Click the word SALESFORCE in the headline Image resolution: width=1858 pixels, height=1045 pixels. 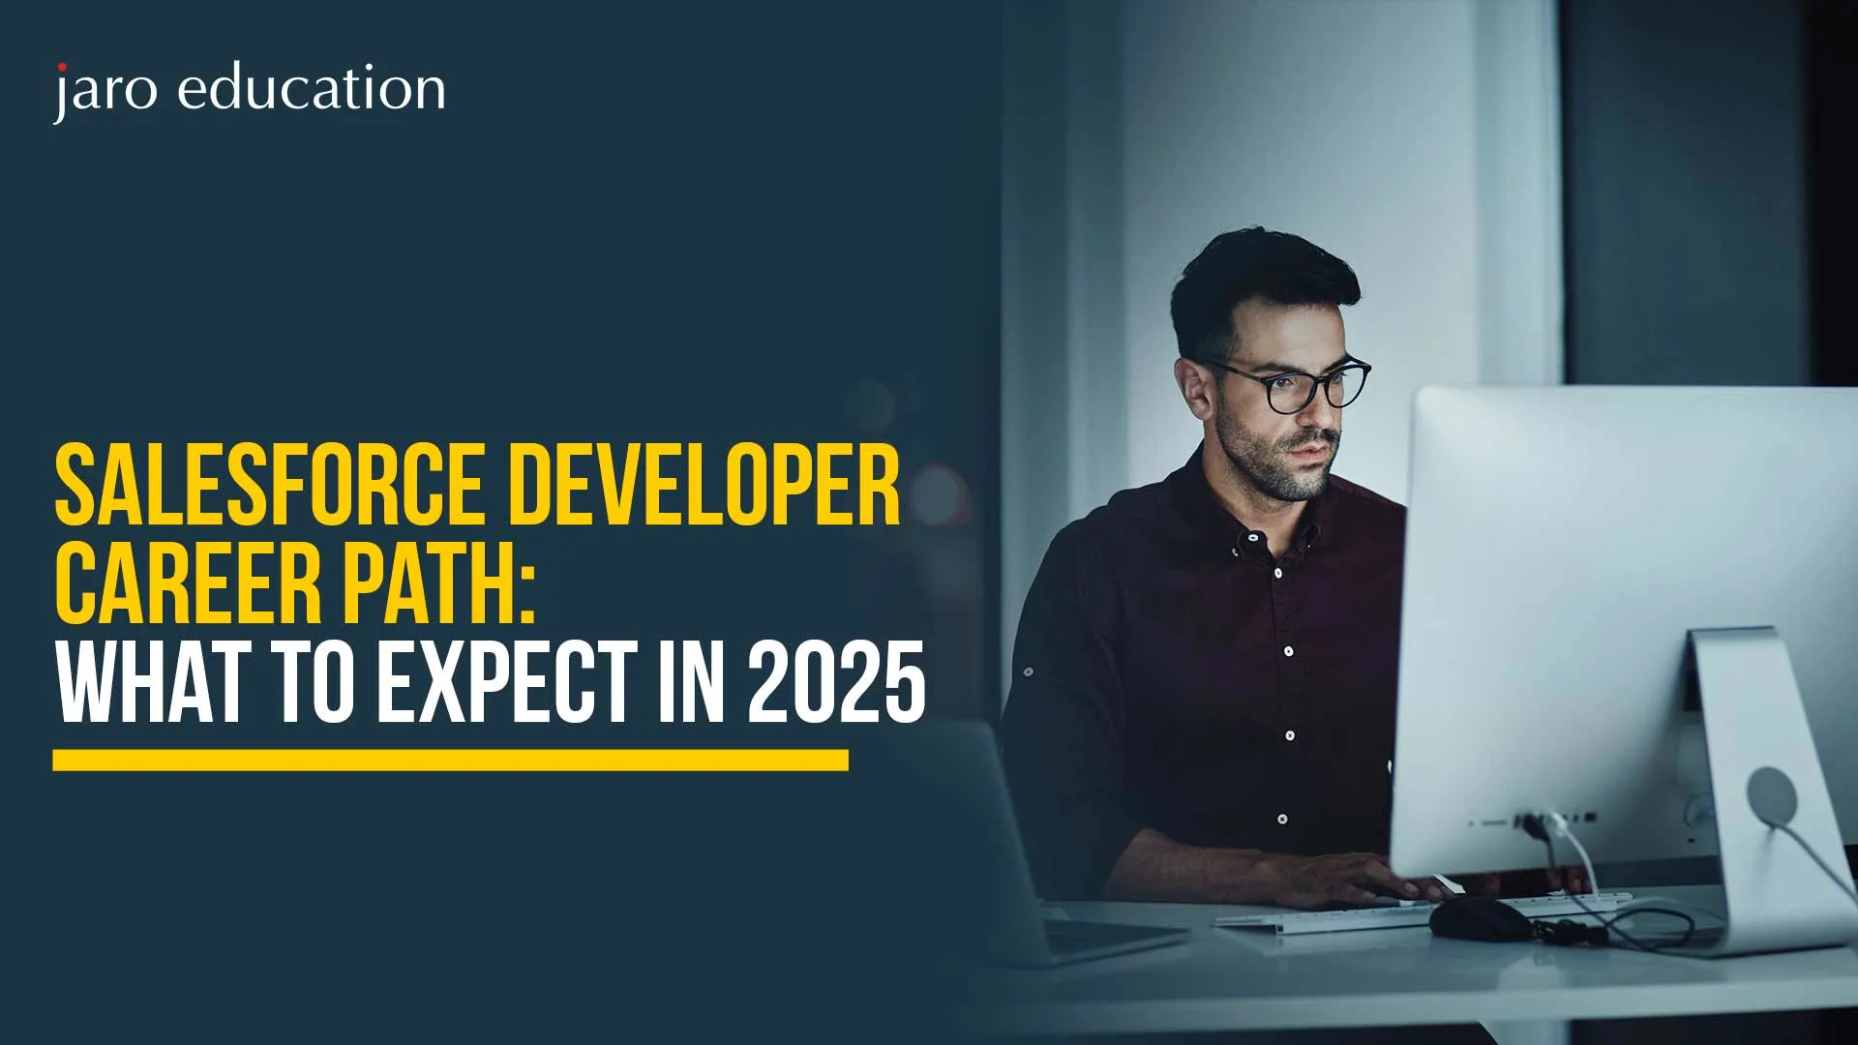coord(269,484)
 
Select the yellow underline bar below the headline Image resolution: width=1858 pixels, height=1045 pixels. coord(450,760)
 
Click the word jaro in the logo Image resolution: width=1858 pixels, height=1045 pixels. coord(105,92)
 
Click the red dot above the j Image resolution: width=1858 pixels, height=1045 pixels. coord(62,67)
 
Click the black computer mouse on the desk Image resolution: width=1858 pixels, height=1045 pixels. coord(1481,918)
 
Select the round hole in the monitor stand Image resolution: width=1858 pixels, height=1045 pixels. coord(1772,796)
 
